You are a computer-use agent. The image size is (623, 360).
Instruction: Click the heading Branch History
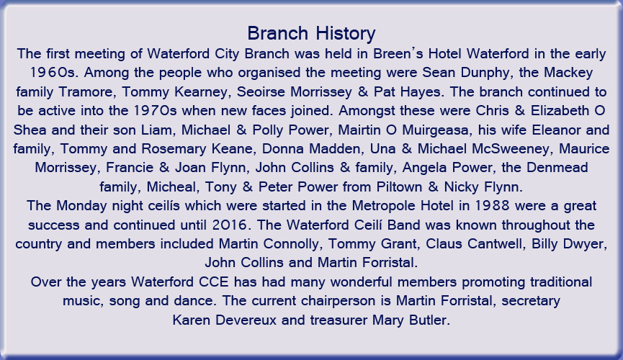tap(311, 33)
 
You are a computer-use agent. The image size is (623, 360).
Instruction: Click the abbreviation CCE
tap(214, 282)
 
